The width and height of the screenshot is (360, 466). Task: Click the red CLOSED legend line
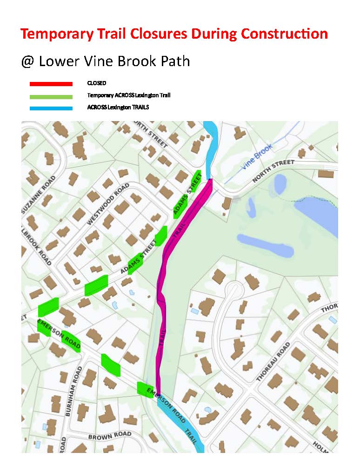pyautogui.click(x=51, y=84)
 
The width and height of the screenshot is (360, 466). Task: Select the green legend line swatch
pyautogui.click(x=51, y=96)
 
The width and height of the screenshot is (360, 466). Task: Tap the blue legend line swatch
pyautogui.click(x=51, y=108)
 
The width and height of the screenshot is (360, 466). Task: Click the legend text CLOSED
pyautogui.click(x=97, y=83)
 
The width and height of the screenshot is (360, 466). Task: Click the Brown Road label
pyautogui.click(x=110, y=436)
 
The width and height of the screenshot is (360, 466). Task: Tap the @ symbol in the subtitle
pyautogui.click(x=27, y=61)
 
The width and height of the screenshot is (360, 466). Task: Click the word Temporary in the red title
pyautogui.click(x=51, y=34)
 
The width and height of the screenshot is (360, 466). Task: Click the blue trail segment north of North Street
pyautogui.click(x=211, y=144)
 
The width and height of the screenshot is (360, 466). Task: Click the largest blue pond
pyautogui.click(x=316, y=214)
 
